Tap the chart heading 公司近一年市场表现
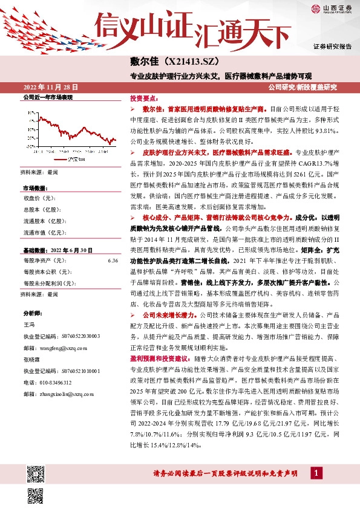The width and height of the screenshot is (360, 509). tap(47, 97)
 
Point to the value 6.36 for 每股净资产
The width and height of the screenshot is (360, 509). tap(113, 260)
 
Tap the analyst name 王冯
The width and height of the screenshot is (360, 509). tap(30, 324)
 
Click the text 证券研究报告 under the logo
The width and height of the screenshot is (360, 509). tap(332, 46)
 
